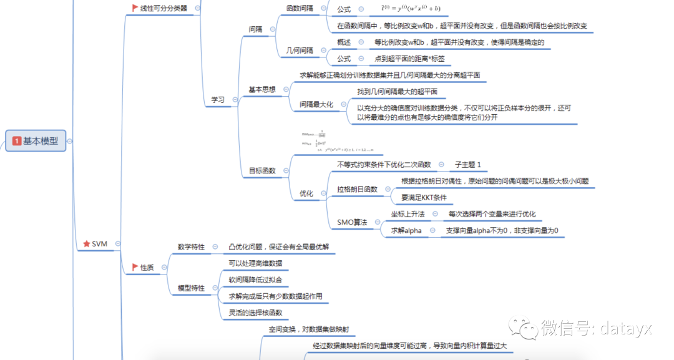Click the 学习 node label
coord(217,99)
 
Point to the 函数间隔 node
coord(300,8)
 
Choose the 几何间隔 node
coord(300,51)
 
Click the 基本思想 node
coord(262,89)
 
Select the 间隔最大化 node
coord(316,104)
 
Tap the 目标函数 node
coord(262,170)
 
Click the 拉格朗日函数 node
coord(357,189)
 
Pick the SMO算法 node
coord(352,222)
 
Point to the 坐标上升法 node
coord(408,214)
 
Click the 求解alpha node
coord(406,230)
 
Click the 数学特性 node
coord(191,247)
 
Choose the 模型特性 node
coord(191,288)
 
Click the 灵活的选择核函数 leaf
coord(255,313)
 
